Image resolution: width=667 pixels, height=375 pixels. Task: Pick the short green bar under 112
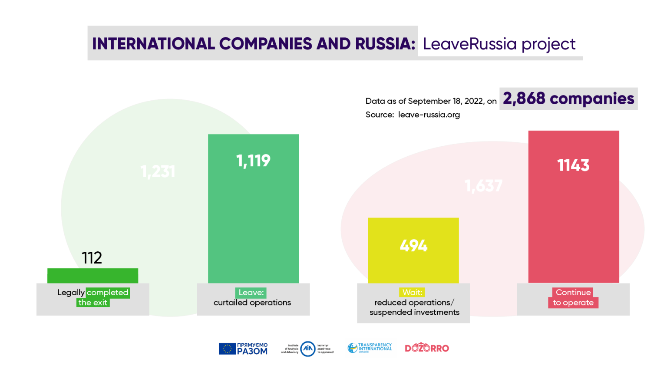coord(92,276)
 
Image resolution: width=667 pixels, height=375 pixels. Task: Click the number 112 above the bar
coord(92,258)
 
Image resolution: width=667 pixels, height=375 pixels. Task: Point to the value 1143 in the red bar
coord(573,165)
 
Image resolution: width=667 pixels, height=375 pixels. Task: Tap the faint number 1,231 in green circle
coord(158,171)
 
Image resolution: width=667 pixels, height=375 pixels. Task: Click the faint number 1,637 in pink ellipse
coord(483,186)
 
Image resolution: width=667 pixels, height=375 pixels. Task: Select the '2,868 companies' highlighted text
coord(568,99)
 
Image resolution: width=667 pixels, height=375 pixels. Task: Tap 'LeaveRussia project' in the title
coord(499,44)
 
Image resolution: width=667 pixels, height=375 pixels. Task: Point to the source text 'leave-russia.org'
coord(429,115)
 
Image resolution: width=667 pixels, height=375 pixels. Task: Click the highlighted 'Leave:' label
coord(251,293)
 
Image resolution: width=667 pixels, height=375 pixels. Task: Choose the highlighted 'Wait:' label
coord(412,293)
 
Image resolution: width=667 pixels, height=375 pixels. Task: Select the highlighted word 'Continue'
coord(573,293)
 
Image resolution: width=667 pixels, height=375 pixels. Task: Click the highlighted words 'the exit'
coord(92,303)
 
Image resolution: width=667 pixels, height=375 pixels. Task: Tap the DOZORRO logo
coord(426,348)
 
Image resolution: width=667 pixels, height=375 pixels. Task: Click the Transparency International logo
coord(370,348)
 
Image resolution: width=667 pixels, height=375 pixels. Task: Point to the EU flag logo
coord(227,349)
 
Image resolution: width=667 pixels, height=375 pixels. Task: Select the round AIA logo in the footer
coord(308,349)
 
